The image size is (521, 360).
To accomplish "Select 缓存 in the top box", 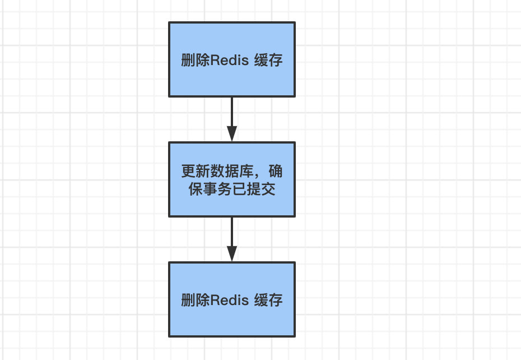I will tap(268, 61).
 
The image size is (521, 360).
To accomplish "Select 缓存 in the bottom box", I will tap(268, 301).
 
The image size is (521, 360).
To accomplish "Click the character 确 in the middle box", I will tap(275, 170).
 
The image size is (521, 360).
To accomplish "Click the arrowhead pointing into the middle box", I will tap(232, 135).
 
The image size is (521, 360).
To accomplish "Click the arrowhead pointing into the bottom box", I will tap(232, 255).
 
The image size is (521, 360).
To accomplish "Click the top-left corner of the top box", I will tap(170, 23).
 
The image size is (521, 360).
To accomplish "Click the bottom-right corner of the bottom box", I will tap(295, 336).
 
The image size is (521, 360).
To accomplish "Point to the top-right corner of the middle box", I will tap(295, 143).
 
